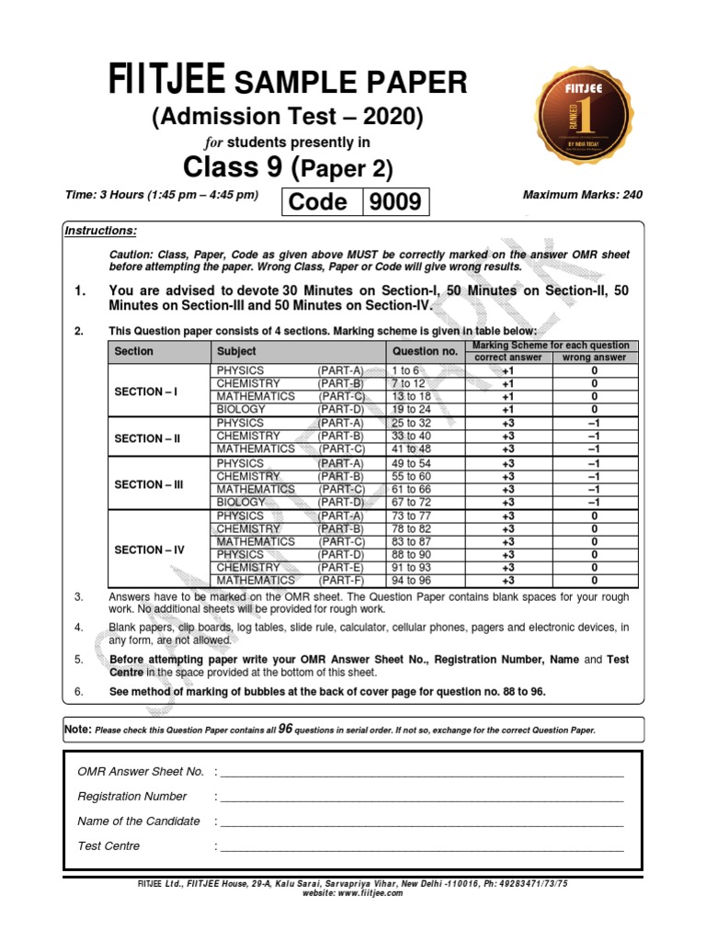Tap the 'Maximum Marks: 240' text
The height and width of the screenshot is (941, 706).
[582, 195]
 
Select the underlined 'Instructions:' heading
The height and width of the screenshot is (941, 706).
[100, 231]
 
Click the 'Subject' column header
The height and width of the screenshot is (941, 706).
[236, 351]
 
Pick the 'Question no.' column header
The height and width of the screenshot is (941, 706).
[424, 351]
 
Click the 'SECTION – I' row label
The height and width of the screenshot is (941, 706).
[146, 391]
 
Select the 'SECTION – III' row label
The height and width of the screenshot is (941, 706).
[149, 484]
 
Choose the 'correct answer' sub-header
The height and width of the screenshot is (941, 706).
[507, 357]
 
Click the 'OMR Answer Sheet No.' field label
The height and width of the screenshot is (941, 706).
[141, 772]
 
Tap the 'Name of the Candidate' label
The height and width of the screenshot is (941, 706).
[139, 822]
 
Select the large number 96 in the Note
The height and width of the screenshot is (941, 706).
[285, 728]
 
